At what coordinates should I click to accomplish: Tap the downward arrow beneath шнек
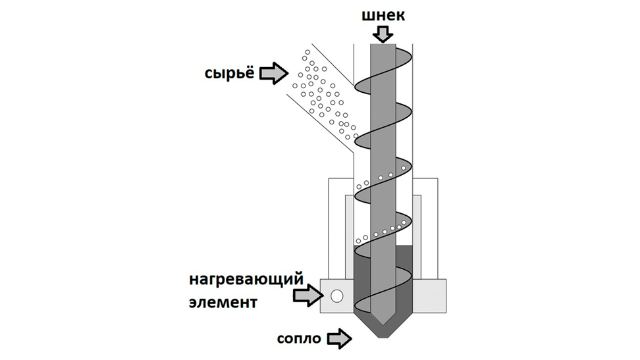click(x=383, y=32)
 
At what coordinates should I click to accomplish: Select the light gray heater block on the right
click(x=429, y=296)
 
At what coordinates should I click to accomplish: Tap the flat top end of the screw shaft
click(x=383, y=45)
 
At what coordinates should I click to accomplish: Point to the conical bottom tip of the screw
click(x=383, y=321)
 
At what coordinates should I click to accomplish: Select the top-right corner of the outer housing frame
click(x=437, y=178)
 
